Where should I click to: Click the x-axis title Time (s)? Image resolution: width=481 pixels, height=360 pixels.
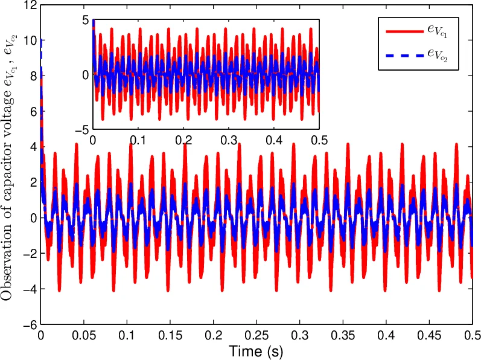point(256,350)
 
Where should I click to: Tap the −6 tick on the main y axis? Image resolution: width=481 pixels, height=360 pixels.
point(28,325)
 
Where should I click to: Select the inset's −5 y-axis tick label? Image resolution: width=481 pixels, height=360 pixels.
point(82,129)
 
